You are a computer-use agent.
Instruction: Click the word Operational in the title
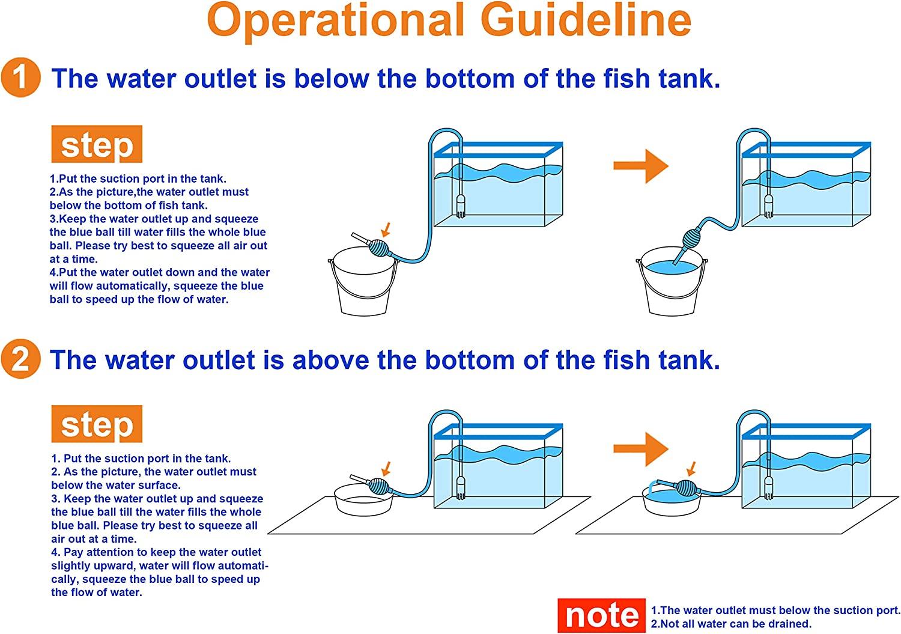pyautogui.click(x=336, y=21)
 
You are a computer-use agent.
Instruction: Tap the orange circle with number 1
pyautogui.click(x=21, y=78)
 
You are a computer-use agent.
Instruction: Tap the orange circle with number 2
pyautogui.click(x=21, y=359)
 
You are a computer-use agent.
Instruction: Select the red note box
pyautogui.click(x=601, y=615)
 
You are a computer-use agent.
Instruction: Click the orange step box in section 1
pyautogui.click(x=97, y=144)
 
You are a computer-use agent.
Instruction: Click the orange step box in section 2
pyautogui.click(x=97, y=424)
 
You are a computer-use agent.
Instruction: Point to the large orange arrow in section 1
pyautogui.click(x=641, y=166)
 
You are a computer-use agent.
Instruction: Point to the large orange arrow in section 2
pyautogui.click(x=641, y=449)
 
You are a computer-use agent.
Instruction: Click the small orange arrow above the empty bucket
pyautogui.click(x=386, y=230)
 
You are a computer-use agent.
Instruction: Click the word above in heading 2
pyautogui.click(x=330, y=359)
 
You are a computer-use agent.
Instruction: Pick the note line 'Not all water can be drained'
pyautogui.click(x=731, y=624)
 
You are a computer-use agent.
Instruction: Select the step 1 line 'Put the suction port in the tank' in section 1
pyautogui.click(x=138, y=178)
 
